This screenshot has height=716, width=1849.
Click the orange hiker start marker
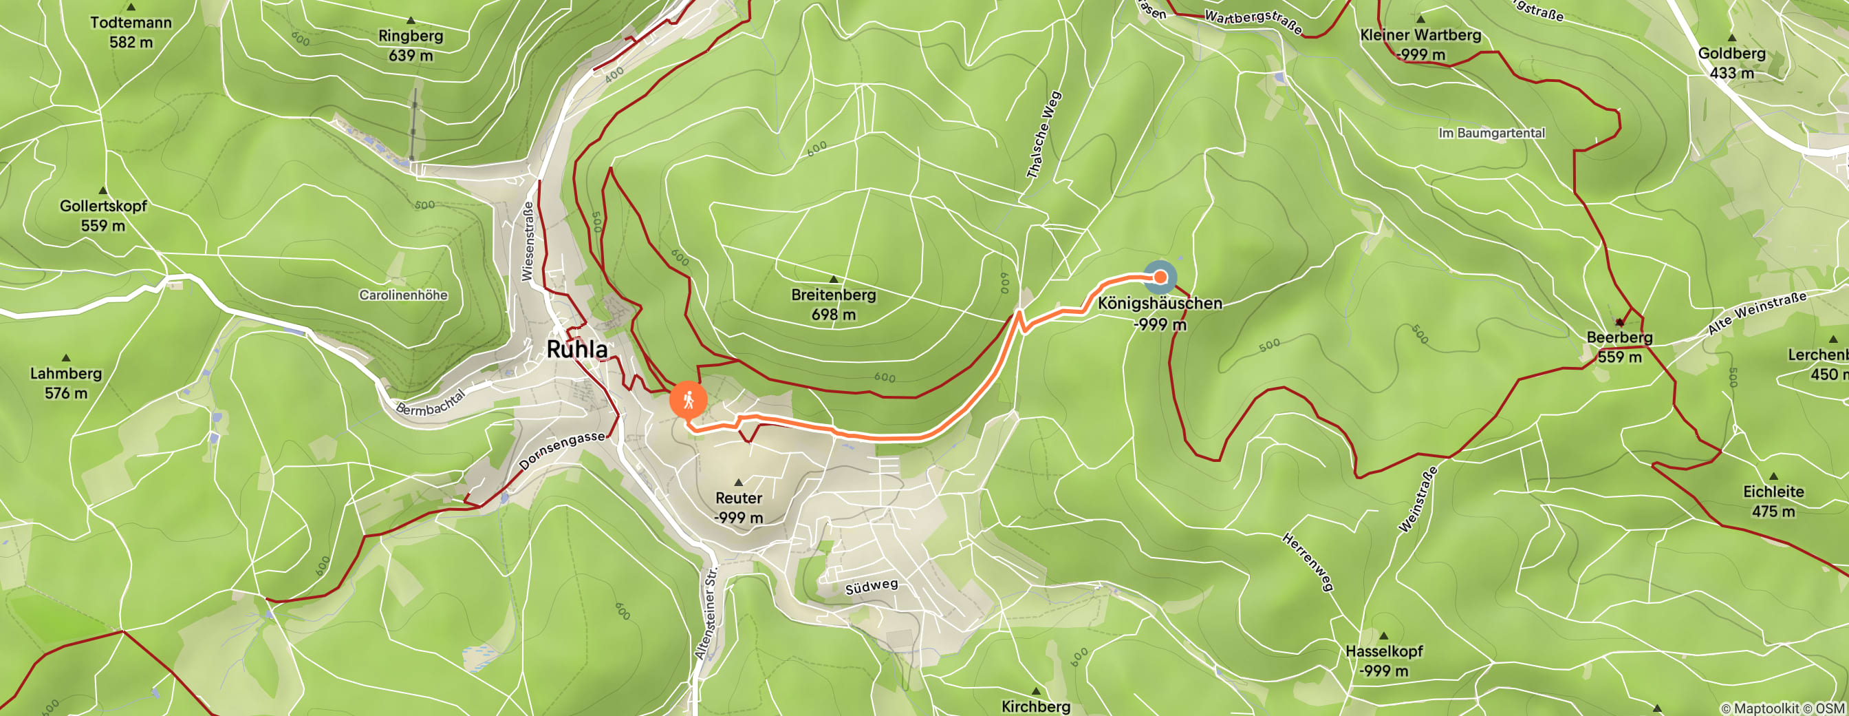pyautogui.click(x=689, y=400)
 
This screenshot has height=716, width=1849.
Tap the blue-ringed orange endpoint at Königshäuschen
pyautogui.click(x=1160, y=277)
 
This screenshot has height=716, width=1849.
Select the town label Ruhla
pyautogui.click(x=576, y=350)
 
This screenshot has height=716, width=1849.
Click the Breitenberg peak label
pyautogui.click(x=833, y=295)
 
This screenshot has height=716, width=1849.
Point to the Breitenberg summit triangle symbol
pyautogui.click(x=833, y=279)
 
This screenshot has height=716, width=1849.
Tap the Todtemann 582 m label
pyautogui.click(x=131, y=32)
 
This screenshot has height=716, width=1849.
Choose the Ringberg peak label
pyautogui.click(x=411, y=36)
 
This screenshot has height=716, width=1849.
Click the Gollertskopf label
pyautogui.click(x=102, y=207)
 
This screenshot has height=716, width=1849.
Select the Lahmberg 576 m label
pyautogui.click(x=66, y=383)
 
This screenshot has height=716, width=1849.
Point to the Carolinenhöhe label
pyautogui.click(x=402, y=295)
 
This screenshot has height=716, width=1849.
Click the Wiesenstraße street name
pyautogui.click(x=528, y=241)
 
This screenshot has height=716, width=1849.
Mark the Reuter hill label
pyautogui.click(x=739, y=498)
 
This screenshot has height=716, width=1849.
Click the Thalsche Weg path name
pyautogui.click(x=1044, y=135)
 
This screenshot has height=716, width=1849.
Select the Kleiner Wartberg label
pyautogui.click(x=1420, y=35)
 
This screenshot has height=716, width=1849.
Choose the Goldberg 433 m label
pyautogui.click(x=1731, y=63)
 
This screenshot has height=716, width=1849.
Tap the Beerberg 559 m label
pyautogui.click(x=1619, y=347)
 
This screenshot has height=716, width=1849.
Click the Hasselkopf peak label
pyautogui.click(x=1383, y=651)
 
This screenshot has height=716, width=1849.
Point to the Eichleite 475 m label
pyautogui.click(x=1773, y=501)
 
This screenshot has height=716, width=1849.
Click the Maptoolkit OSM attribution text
pyautogui.click(x=1782, y=709)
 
